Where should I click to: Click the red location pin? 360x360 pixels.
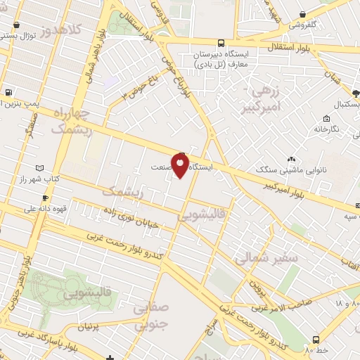(180, 166)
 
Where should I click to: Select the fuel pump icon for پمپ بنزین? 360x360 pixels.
(8, 92)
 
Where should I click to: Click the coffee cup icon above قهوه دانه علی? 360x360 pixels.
(45, 198)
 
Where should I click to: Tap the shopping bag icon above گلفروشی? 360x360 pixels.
(302, 14)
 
